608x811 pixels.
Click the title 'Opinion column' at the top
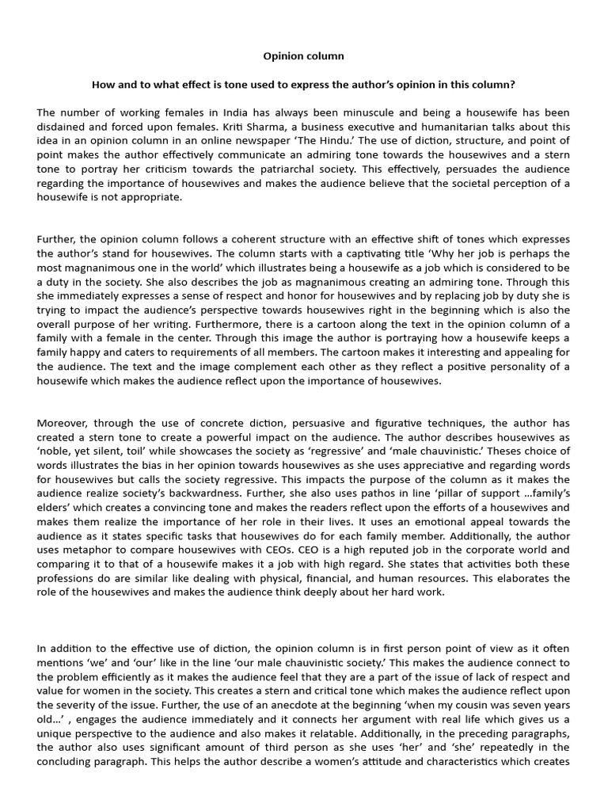(x=303, y=57)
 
